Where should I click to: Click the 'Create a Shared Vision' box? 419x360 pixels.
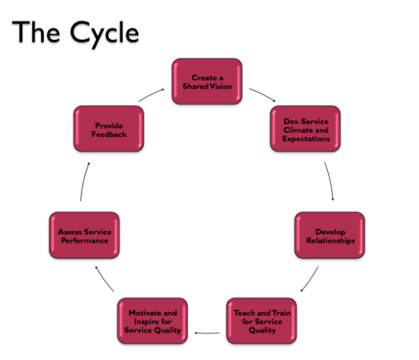(207, 81)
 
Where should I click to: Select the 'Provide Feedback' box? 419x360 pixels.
(109, 129)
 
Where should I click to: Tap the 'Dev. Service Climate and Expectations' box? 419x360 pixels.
(305, 129)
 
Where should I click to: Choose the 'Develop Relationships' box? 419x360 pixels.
(330, 235)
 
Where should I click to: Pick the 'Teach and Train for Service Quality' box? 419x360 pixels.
(262, 321)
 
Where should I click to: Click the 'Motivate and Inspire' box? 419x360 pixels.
(152, 321)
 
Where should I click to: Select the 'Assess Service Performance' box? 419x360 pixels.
(85, 235)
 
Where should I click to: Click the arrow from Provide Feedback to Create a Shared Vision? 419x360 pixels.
(152, 95)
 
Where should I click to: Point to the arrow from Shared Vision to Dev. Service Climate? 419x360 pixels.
(263, 94)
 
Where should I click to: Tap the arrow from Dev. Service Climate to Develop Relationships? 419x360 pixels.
(330, 181)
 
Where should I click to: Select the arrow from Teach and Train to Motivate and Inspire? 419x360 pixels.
(207, 333)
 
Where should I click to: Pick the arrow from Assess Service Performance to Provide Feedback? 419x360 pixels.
(84, 181)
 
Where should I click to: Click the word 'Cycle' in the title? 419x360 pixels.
(104, 34)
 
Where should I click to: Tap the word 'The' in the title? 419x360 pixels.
(36, 32)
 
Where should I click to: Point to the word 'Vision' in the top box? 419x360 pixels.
(221, 86)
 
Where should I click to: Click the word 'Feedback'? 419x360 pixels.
(109, 134)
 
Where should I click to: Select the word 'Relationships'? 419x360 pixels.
(330, 240)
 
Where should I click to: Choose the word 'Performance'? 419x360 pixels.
(85, 240)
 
